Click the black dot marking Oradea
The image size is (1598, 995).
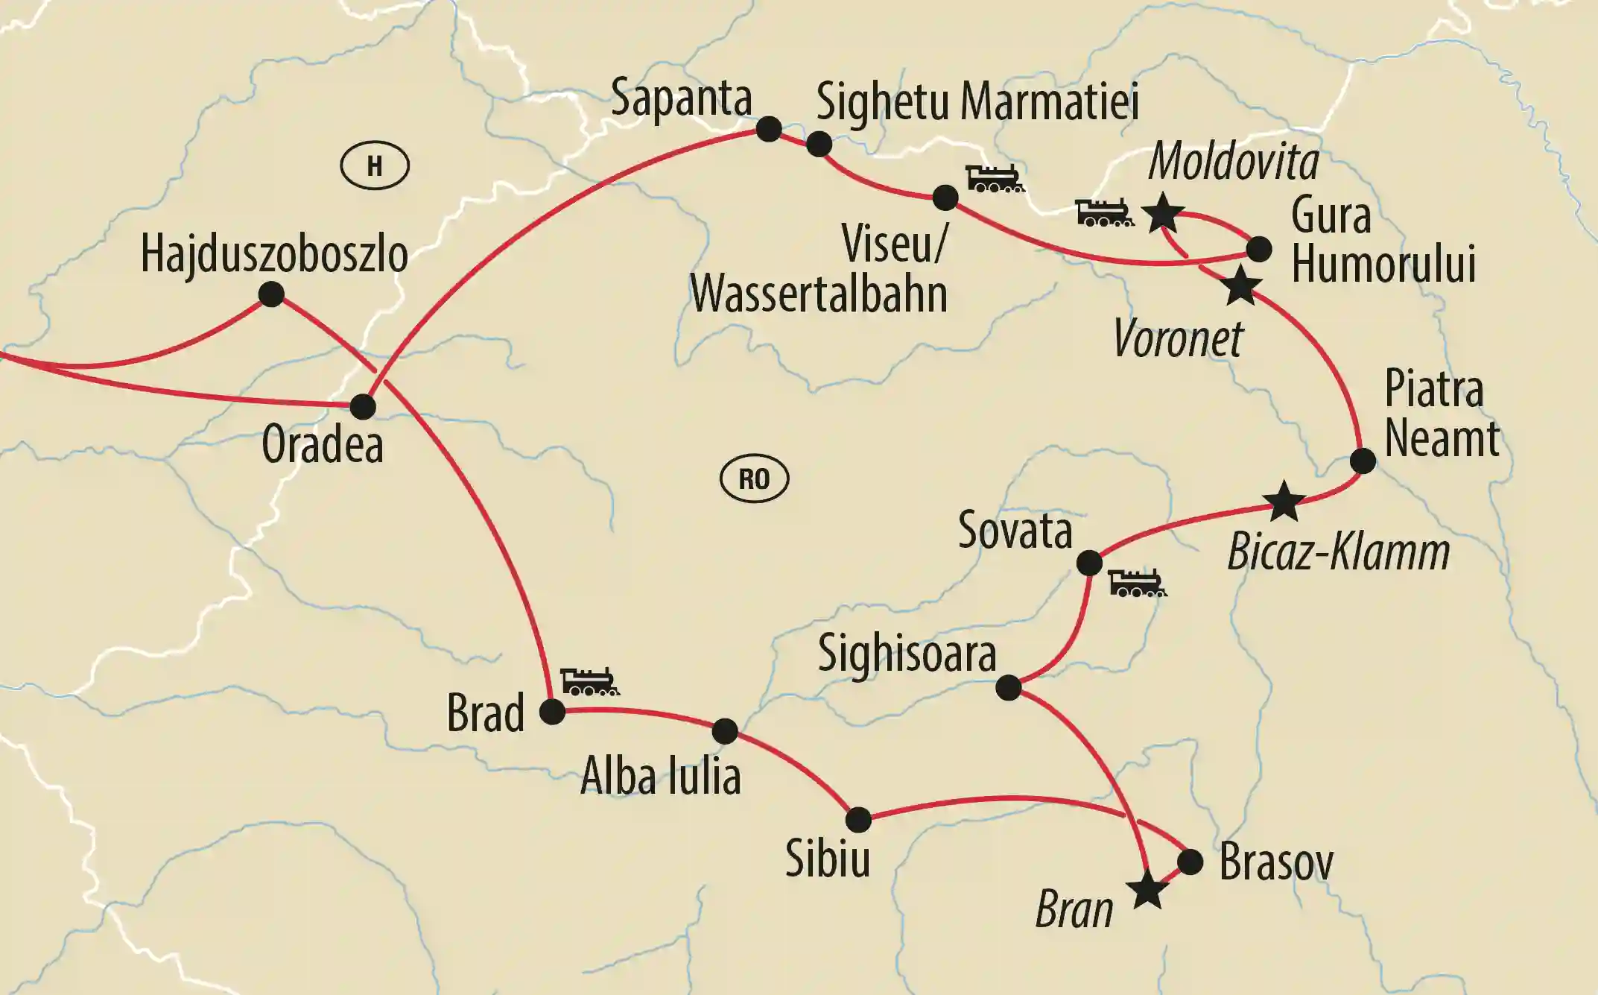(x=363, y=407)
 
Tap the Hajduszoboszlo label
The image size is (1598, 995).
(x=274, y=254)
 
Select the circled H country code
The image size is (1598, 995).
(x=375, y=165)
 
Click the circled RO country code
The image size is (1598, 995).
(x=754, y=478)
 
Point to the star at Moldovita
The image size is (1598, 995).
(x=1162, y=214)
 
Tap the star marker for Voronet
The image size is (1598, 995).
(x=1241, y=286)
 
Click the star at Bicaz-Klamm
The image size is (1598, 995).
(x=1284, y=502)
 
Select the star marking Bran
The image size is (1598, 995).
(x=1147, y=890)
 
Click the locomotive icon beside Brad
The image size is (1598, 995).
(x=589, y=681)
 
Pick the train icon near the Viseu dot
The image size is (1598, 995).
(x=995, y=179)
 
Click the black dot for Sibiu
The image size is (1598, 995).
(x=858, y=819)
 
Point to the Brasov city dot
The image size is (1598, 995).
(x=1190, y=862)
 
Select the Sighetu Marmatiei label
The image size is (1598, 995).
(x=977, y=102)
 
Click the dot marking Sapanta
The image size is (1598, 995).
(x=769, y=129)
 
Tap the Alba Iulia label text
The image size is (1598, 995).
(x=660, y=777)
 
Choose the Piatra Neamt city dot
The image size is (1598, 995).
(x=1363, y=461)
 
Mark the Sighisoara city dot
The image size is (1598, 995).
(x=1009, y=687)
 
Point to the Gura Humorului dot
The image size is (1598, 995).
(x=1259, y=249)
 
